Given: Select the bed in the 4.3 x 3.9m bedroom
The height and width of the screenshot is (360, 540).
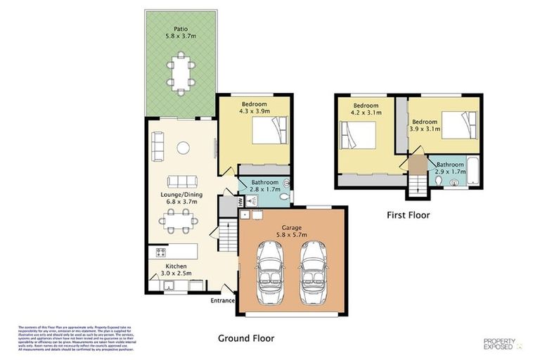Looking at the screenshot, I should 270,132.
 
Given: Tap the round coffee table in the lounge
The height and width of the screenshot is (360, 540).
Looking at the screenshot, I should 181,147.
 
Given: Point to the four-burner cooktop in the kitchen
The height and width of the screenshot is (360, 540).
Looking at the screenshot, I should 160,252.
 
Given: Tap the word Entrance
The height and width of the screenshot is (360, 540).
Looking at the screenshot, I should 222,301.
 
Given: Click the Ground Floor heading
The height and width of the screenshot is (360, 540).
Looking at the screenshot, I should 245,337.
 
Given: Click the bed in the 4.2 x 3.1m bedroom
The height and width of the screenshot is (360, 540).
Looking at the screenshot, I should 357,136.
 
